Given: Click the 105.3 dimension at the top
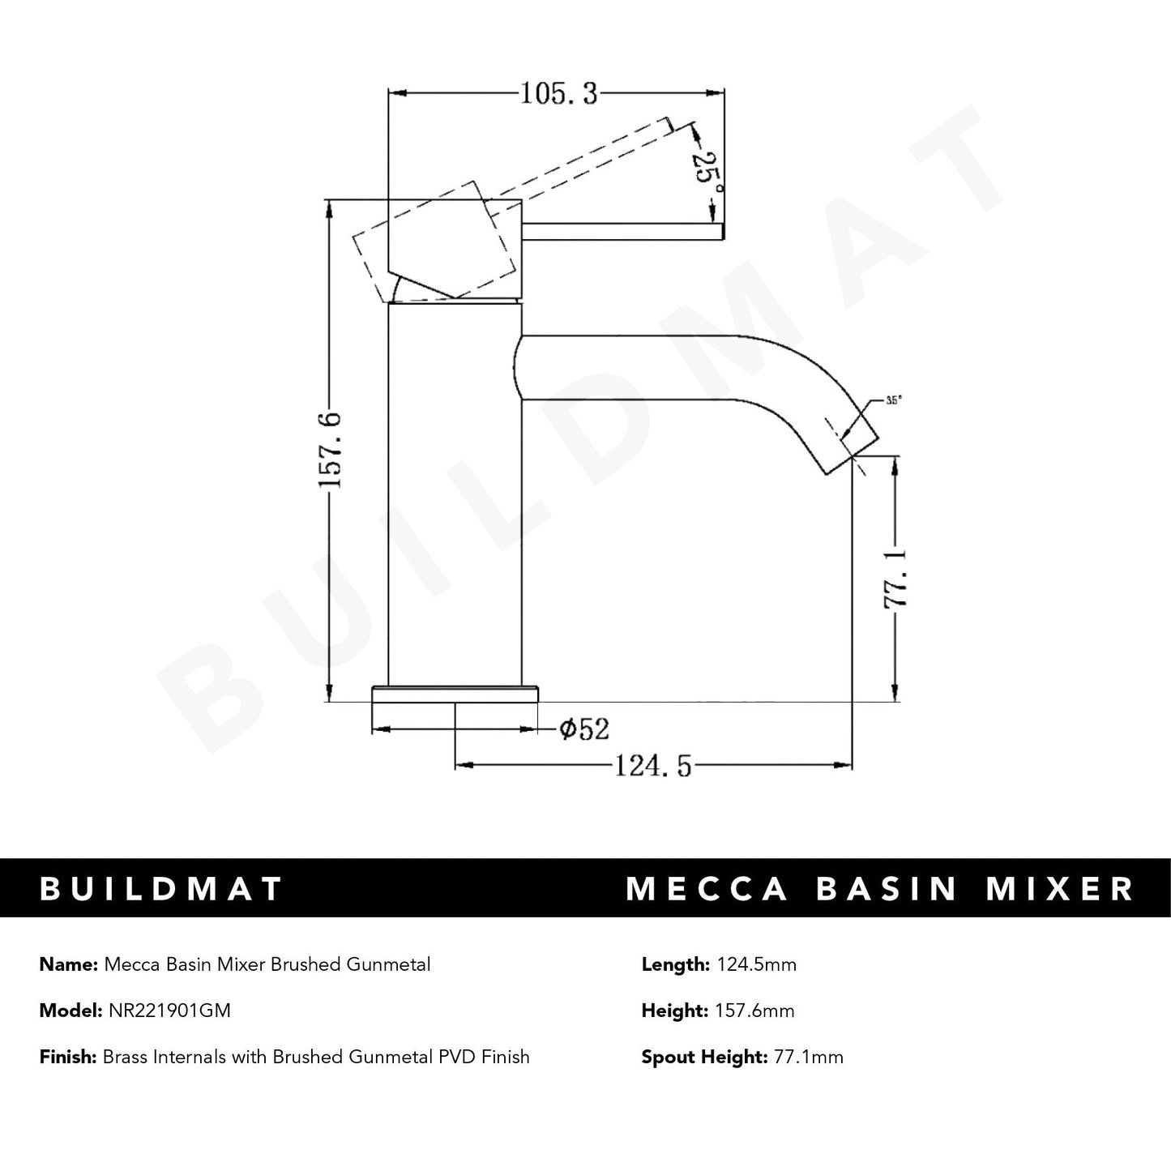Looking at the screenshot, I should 558,94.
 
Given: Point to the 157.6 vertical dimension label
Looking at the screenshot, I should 331,451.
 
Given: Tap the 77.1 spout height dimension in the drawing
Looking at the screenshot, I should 897,579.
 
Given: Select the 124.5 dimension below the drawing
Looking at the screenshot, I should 653,765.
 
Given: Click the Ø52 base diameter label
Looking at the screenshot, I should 583,729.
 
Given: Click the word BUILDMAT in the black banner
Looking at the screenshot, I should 161,888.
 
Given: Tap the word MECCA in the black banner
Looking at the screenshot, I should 707,888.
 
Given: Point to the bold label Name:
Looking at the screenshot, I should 69,964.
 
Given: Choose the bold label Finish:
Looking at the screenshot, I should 68,1057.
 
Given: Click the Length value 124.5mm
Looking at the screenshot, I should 756,964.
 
